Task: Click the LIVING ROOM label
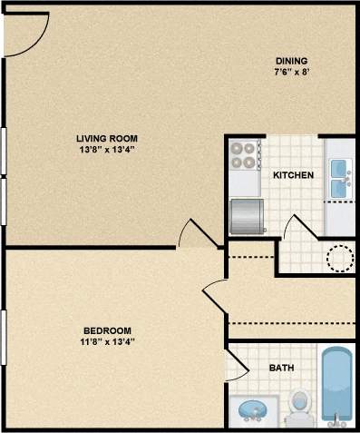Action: point(109,138)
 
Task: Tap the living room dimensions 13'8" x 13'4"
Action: point(109,150)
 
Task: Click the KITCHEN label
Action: point(293,175)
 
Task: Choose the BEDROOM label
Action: point(108,330)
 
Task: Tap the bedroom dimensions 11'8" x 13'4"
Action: point(108,341)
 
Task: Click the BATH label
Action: point(281,369)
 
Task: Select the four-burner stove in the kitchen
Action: point(242,156)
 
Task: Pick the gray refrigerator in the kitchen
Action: point(247,215)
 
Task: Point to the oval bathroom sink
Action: point(254,411)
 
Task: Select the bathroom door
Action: point(236,365)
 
